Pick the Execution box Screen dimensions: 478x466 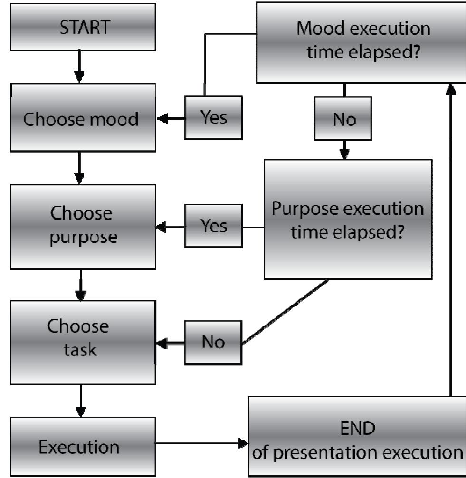pyautogui.click(x=79, y=447)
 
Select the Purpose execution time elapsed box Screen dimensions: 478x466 pyautogui.click(x=348, y=219)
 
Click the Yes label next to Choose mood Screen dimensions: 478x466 pyautogui.click(x=213, y=118)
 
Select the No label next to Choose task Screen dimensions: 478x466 pyautogui.click(x=213, y=342)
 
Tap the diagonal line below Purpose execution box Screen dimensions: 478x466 pyautogui.click(x=285, y=312)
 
